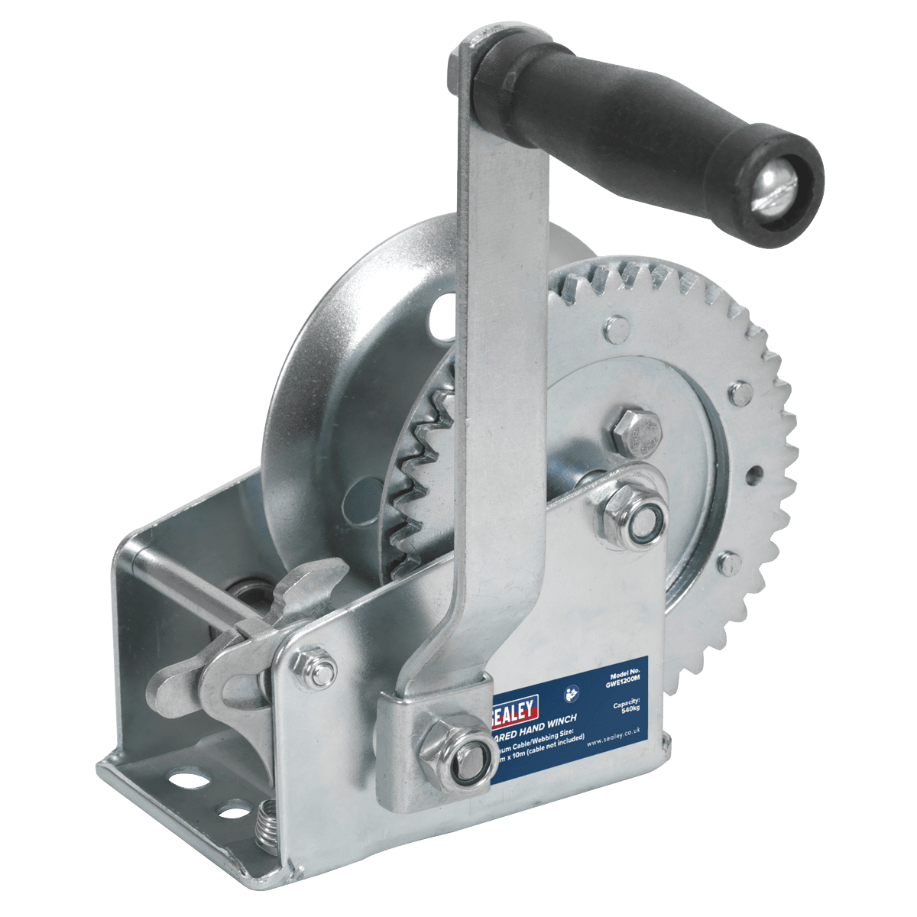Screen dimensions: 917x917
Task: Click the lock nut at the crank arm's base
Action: [x=446, y=740]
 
